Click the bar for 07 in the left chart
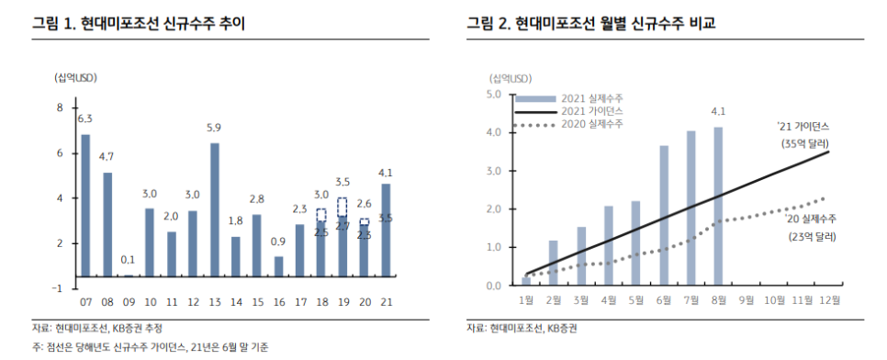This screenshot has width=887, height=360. [85, 205]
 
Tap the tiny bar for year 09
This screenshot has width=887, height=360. [129, 276]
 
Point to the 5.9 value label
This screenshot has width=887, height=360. [214, 128]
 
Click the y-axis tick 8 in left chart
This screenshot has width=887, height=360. [60, 107]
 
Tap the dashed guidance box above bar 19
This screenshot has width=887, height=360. [342, 207]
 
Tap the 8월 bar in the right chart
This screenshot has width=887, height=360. [717, 206]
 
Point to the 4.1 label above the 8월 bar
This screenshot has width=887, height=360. [717, 113]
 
